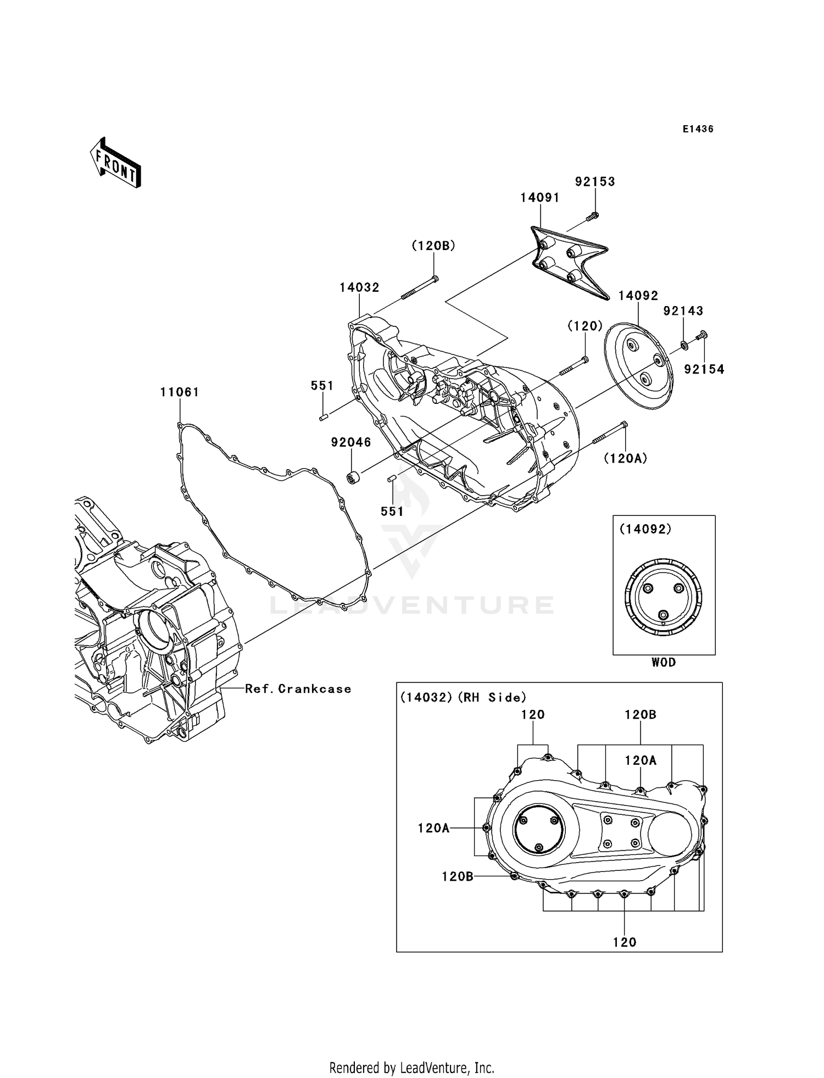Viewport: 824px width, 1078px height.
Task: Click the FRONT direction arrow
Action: point(115,163)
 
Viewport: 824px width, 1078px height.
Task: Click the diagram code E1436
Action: point(698,129)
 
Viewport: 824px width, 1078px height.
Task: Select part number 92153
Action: point(595,182)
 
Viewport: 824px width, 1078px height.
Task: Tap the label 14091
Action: point(540,198)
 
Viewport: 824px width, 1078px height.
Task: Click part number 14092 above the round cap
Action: point(638,296)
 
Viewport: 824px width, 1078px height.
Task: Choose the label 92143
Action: point(683,311)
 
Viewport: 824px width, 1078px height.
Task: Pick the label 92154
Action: point(704,370)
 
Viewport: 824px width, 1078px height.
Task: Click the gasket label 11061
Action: point(180,392)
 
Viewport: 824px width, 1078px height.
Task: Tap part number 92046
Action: point(351,442)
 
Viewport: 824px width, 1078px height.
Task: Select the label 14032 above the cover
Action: point(359,287)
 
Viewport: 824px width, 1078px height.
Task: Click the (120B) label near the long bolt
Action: point(433,246)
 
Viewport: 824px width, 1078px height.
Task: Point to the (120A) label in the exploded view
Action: point(625,458)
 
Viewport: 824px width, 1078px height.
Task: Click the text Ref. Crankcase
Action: point(298,689)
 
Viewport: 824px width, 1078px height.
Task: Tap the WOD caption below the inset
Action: point(664,663)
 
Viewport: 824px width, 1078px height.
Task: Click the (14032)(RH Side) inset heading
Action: point(463,697)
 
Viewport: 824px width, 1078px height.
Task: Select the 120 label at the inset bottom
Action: point(625,942)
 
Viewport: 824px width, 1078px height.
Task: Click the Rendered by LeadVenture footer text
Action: point(411,1052)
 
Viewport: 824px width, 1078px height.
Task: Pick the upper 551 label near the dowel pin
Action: point(322,386)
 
